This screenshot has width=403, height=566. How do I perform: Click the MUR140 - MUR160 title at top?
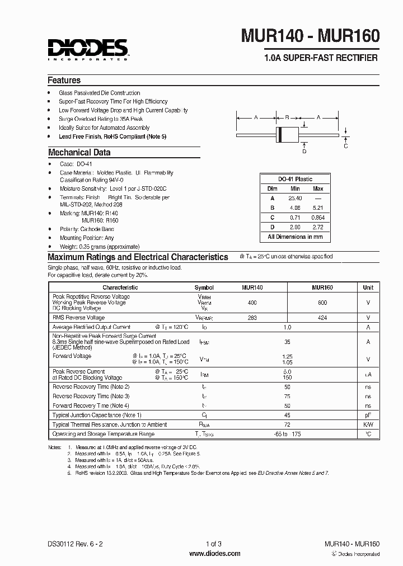(x=310, y=36)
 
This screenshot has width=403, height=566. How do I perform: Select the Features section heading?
(x=64, y=80)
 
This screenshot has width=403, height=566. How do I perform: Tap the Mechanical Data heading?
(x=79, y=152)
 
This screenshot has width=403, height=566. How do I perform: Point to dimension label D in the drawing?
(x=304, y=151)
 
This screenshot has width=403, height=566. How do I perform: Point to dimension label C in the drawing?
(x=346, y=146)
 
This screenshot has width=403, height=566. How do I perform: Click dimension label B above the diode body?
(x=287, y=117)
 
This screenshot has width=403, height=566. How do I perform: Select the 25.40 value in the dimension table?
(x=294, y=199)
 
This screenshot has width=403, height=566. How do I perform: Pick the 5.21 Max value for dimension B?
(x=318, y=207)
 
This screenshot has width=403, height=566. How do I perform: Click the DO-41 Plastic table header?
(x=295, y=179)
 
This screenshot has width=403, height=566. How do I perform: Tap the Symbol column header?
(x=204, y=287)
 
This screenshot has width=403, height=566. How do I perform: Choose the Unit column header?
(x=368, y=287)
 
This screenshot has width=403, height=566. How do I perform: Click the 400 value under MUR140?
(x=252, y=302)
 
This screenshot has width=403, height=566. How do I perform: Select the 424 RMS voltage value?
(x=322, y=318)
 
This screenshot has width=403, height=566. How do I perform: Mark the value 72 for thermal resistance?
(x=287, y=424)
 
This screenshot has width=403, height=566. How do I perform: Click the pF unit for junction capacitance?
(x=368, y=415)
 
